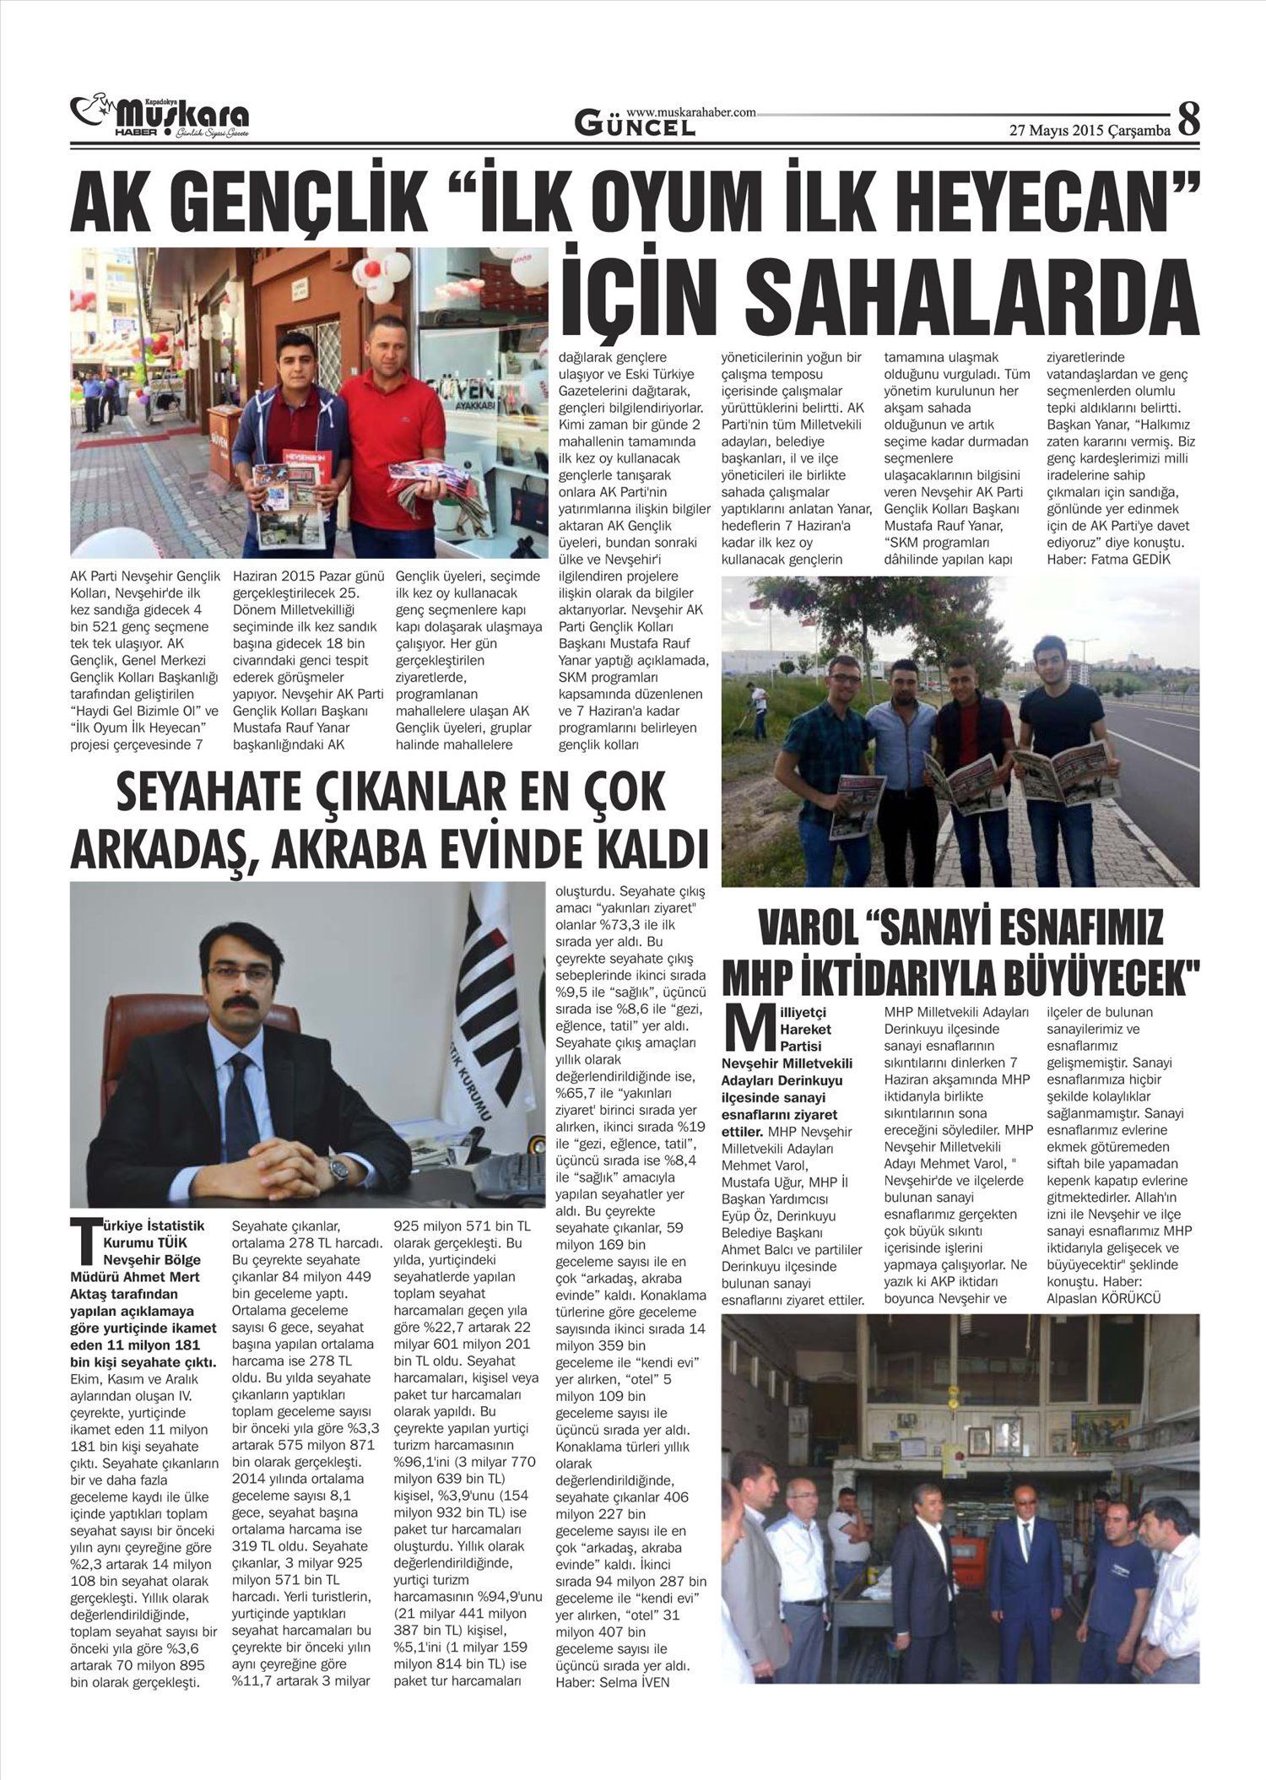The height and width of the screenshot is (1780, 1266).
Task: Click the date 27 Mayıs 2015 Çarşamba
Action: pos(1089,130)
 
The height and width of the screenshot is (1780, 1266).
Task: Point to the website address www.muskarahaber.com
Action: pos(690,111)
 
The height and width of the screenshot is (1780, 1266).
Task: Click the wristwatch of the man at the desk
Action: pos(338,1168)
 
